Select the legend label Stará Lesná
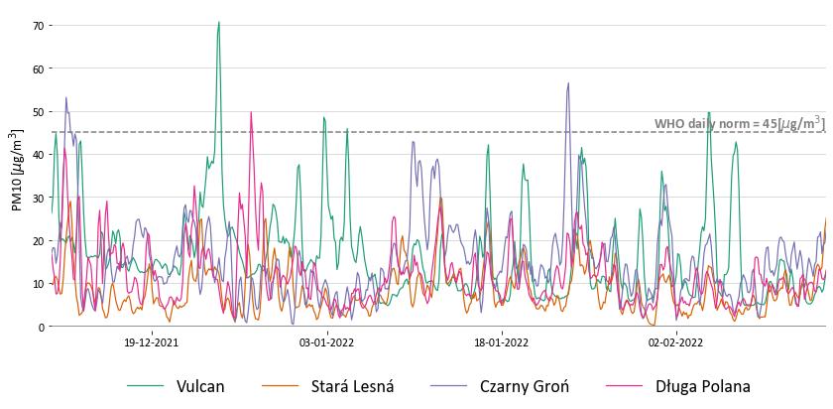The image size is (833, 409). pos(352,387)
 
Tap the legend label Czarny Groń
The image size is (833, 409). pos(524,387)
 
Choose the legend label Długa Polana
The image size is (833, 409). pos(702,387)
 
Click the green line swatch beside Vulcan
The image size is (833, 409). pos(145,387)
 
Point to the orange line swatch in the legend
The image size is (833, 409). pos(279,387)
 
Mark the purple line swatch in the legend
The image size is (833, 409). pos(448,387)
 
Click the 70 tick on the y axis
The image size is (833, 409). pos(40,25)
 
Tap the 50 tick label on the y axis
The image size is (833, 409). pos(40,111)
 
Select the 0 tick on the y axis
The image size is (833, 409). pos(43,327)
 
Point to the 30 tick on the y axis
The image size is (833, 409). pos(40,198)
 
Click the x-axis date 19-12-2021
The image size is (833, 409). pos(152,342)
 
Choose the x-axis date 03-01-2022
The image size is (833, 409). pos(327,342)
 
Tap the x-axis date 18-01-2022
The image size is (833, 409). pos(502,342)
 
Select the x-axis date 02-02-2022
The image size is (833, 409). pos(676,342)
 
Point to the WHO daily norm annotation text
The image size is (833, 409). pos(738,123)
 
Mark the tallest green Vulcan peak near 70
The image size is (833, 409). pos(219,23)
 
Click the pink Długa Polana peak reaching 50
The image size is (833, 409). pos(251,113)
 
